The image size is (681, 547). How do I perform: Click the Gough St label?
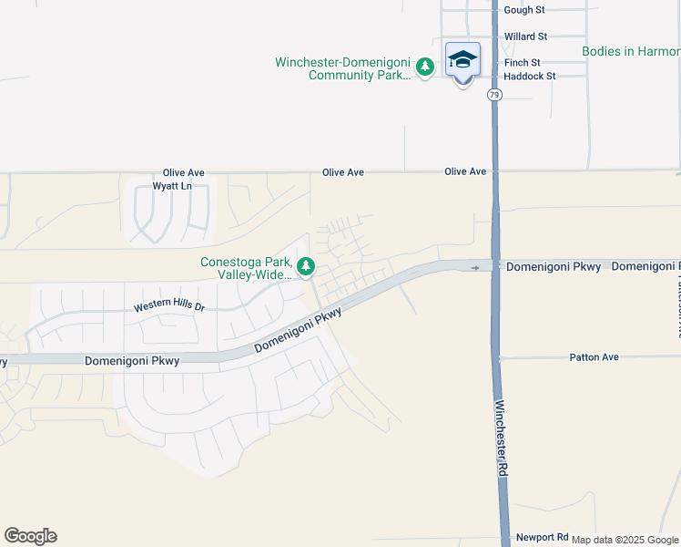524,10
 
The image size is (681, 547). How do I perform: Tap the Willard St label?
525,36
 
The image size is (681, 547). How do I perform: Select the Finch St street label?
523,63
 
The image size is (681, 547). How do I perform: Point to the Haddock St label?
530,77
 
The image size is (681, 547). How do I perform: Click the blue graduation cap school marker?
462,60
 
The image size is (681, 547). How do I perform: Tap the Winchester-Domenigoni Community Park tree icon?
424,67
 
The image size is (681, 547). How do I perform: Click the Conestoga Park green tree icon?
307,267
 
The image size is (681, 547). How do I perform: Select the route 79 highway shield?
493,94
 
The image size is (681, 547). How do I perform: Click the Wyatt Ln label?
172,186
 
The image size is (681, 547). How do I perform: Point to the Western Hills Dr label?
169,307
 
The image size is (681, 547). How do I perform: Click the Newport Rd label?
542,538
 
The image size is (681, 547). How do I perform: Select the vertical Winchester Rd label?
501,439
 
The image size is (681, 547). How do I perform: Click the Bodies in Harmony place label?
631,51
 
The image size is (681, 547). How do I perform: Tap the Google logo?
30,536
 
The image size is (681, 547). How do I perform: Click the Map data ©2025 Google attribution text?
625,540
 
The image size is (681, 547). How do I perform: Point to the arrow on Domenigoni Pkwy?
474,267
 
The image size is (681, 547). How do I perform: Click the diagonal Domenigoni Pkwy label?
299,330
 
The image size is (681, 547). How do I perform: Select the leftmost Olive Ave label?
184,172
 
